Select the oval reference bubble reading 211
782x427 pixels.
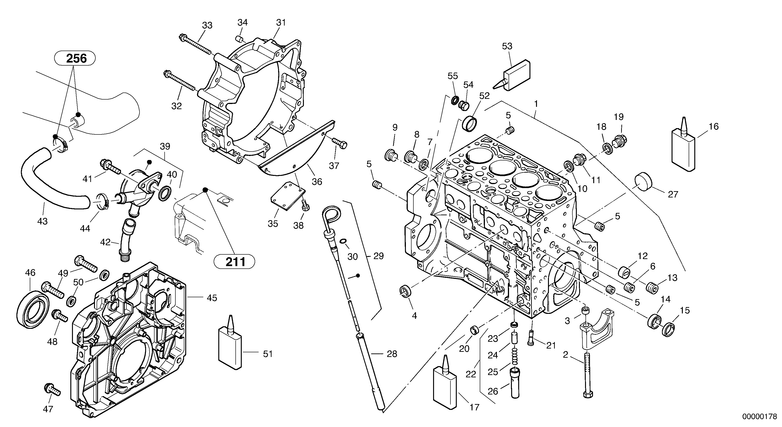tap(234, 261)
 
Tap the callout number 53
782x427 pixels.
tap(507, 46)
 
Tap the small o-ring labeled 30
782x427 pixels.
tap(343, 241)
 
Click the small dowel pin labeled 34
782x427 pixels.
tap(239, 39)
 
